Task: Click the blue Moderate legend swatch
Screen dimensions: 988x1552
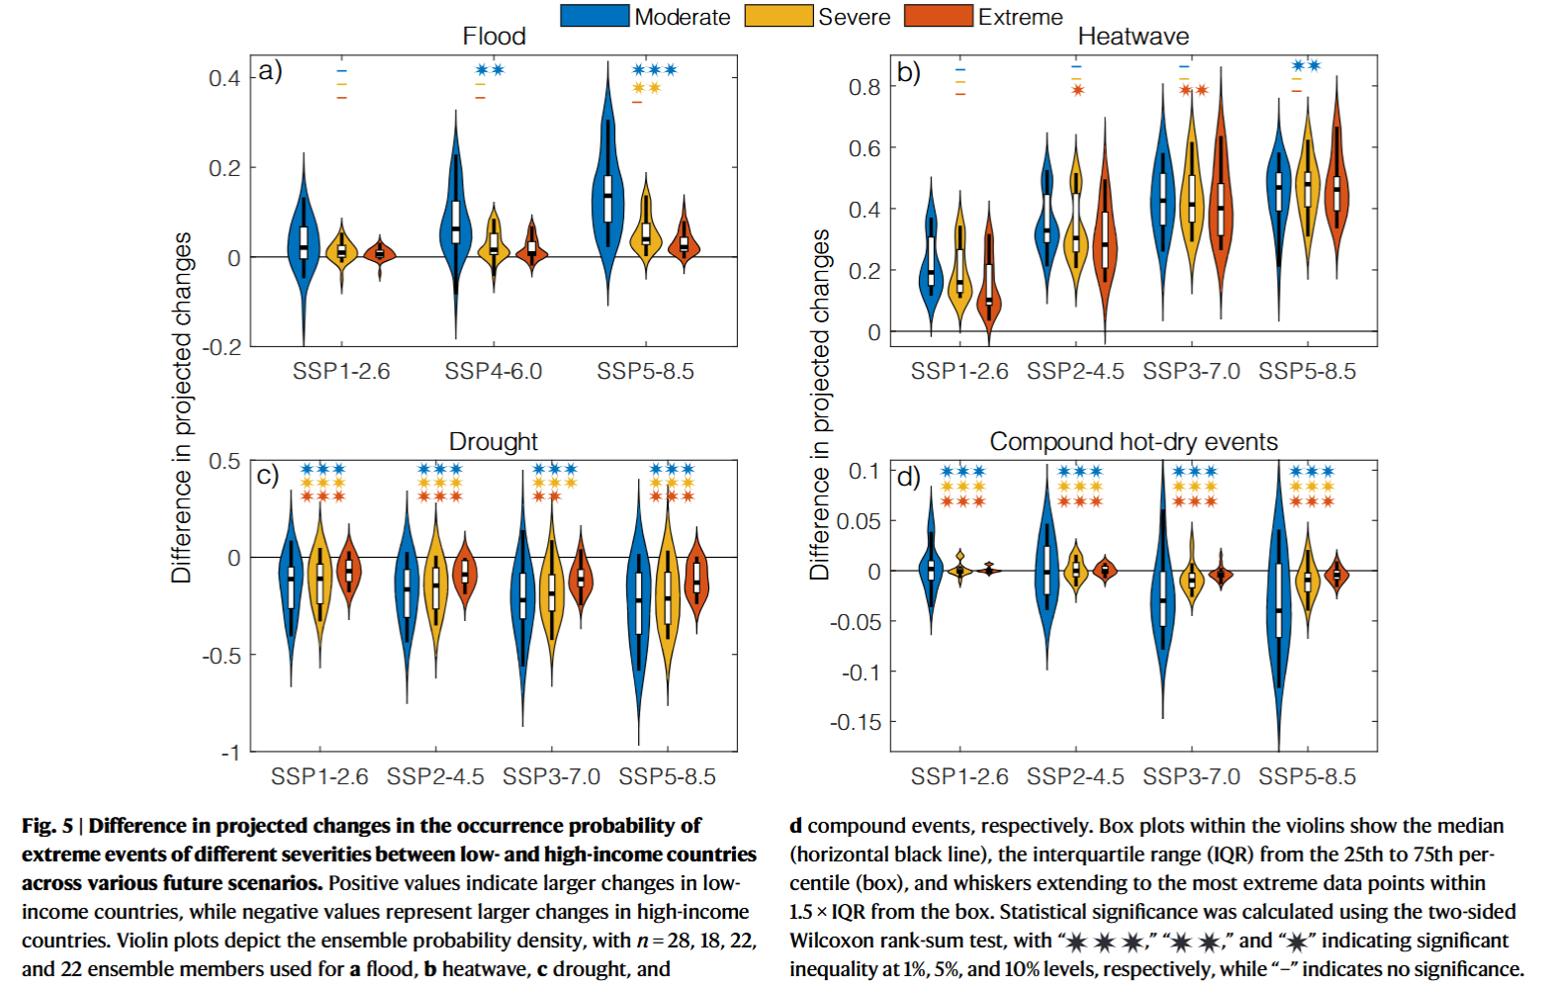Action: pyautogui.click(x=594, y=16)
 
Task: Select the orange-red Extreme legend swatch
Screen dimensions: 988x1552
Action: pyautogui.click(x=939, y=16)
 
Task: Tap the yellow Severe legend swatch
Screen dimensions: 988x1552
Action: pyautogui.click(x=779, y=16)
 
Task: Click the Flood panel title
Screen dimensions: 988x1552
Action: pyautogui.click(x=494, y=37)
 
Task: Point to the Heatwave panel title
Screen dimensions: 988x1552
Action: pyautogui.click(x=1133, y=37)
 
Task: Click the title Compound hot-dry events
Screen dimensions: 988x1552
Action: pyautogui.click(x=1134, y=441)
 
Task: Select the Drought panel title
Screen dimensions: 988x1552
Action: pyautogui.click(x=494, y=441)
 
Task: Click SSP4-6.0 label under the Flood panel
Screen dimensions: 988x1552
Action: pyautogui.click(x=493, y=371)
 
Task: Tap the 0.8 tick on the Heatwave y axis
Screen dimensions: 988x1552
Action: pyautogui.click(x=864, y=87)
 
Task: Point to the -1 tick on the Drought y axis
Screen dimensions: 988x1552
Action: pyautogui.click(x=229, y=753)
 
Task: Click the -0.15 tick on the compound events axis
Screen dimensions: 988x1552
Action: pyautogui.click(x=855, y=722)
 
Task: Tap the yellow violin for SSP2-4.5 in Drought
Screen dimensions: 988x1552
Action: pyautogui.click(x=435, y=584)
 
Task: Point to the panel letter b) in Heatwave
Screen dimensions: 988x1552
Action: pyautogui.click(x=908, y=72)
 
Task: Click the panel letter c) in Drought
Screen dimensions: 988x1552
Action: pyautogui.click(x=267, y=476)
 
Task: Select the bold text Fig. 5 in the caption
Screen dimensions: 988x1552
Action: pyautogui.click(x=47, y=826)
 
